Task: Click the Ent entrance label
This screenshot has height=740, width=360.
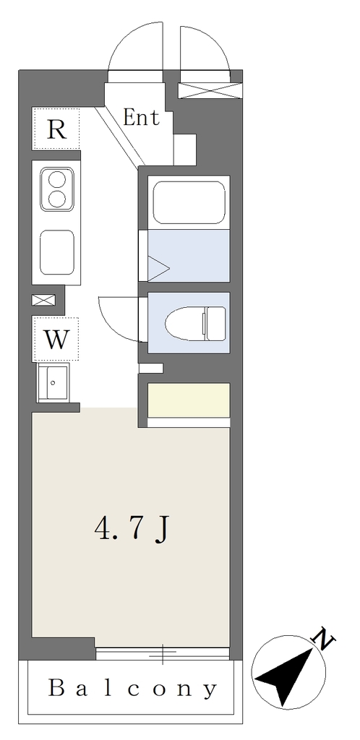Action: click(141, 118)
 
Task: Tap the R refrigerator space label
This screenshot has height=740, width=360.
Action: click(56, 129)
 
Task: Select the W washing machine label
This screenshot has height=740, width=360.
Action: click(56, 339)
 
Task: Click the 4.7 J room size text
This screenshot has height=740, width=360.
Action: click(132, 530)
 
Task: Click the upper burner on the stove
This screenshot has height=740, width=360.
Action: click(57, 180)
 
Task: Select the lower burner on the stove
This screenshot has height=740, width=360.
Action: click(57, 198)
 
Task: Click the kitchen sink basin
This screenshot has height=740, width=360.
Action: click(56, 252)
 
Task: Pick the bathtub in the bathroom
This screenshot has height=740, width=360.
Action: click(189, 202)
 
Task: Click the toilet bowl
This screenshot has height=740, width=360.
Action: click(185, 324)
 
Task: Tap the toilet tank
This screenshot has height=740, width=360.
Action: click(215, 323)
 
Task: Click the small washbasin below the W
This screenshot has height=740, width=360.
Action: click(53, 382)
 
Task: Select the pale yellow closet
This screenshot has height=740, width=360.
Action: click(189, 400)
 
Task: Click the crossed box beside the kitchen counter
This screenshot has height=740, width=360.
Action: click(43, 300)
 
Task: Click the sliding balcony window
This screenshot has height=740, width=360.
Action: click(163, 653)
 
